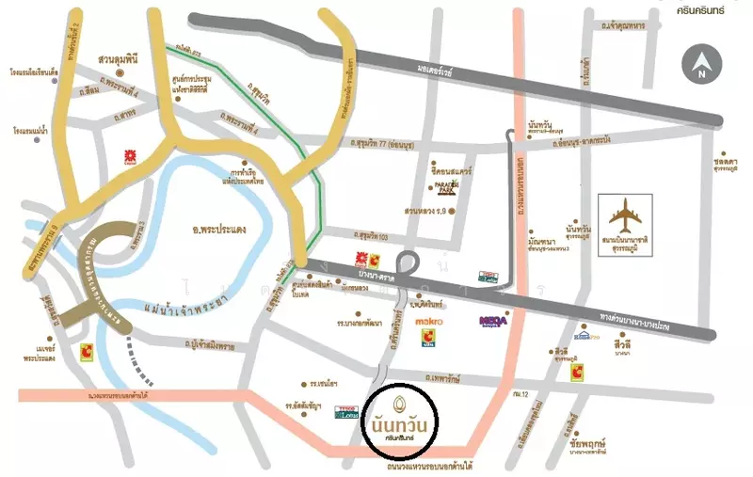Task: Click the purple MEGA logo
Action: (x=493, y=321)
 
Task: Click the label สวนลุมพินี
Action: (x=120, y=58)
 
